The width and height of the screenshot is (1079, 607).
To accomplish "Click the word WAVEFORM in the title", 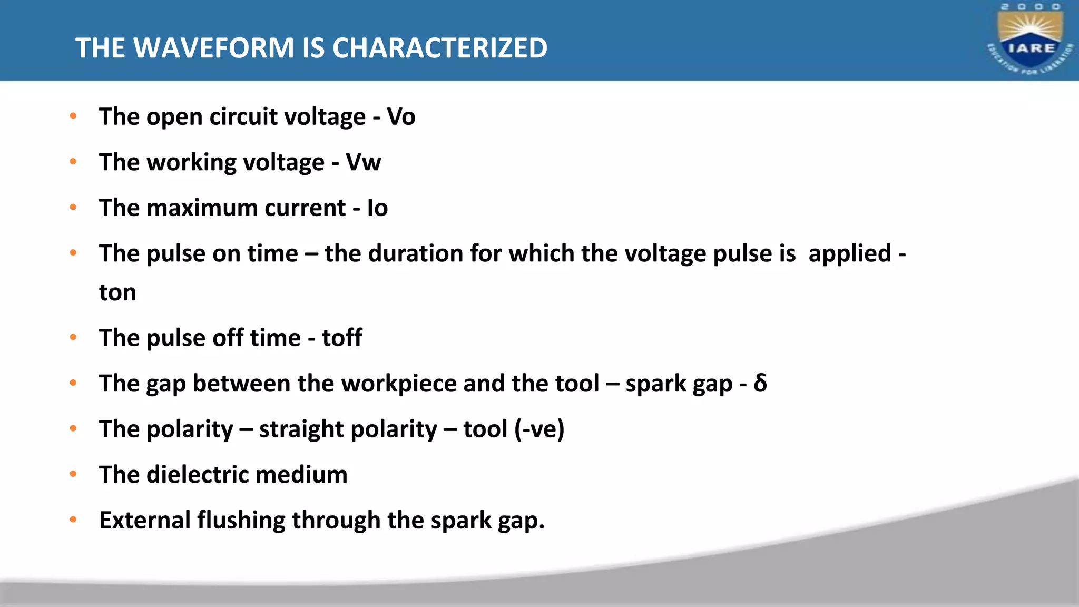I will tap(214, 48).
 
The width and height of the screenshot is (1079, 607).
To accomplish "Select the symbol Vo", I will tap(401, 116).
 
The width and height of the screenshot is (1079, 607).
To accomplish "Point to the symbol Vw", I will tap(363, 162).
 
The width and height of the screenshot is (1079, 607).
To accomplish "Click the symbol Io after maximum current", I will tap(377, 208).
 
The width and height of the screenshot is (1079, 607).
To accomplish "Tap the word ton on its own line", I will tap(117, 292).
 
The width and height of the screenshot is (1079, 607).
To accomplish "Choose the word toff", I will tap(342, 338).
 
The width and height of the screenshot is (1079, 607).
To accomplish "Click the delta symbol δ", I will tap(760, 383).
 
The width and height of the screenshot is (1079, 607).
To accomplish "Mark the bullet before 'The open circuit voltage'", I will tap(73, 116).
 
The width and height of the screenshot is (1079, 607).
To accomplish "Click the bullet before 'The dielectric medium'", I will tap(73, 474).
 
